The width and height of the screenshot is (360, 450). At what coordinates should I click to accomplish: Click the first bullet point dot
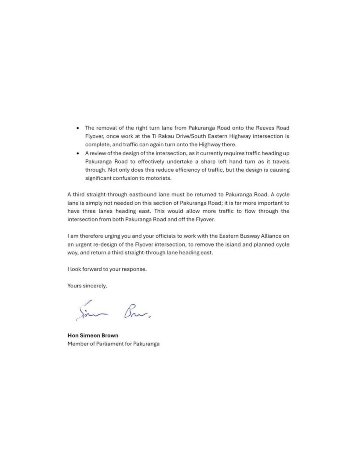(78, 128)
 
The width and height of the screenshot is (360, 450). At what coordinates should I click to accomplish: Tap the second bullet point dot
(78, 153)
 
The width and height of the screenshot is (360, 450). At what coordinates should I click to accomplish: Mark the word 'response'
(135, 269)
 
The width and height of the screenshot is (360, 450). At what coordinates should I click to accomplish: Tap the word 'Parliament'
(110, 344)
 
